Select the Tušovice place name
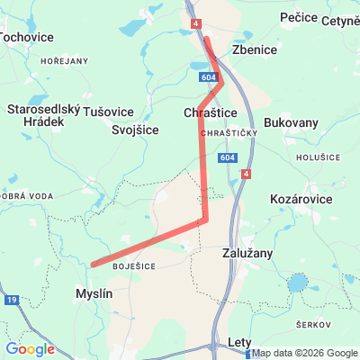[x=109, y=111]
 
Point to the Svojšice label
[x=135, y=130]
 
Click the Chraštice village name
[x=210, y=112]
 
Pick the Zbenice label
[x=255, y=49]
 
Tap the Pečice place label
[x=299, y=17]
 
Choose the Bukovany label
[x=292, y=121]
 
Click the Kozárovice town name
[x=301, y=199]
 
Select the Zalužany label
[x=247, y=254]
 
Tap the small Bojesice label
[x=134, y=265]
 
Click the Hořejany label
[x=64, y=60]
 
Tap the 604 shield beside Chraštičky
[x=228, y=157]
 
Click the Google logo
[x=30, y=349]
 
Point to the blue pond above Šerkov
[x=297, y=286]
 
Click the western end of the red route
[x=93, y=265]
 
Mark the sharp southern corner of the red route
[x=206, y=219]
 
